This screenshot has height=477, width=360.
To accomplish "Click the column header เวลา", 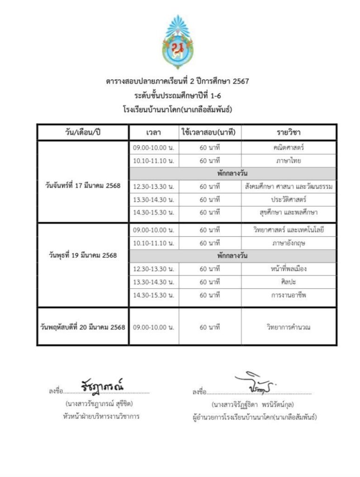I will (x=153, y=133).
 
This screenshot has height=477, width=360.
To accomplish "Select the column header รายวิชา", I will (x=289, y=133).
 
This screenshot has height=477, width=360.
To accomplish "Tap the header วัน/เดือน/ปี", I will (x=83, y=133).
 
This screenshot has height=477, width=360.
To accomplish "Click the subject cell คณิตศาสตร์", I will (x=289, y=148).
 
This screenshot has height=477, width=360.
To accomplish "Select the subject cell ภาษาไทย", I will (x=289, y=161).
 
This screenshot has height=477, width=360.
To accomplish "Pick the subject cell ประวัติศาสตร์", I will (x=289, y=199).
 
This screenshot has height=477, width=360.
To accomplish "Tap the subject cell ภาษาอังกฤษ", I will (x=289, y=243).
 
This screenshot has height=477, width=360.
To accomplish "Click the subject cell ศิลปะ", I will (x=289, y=282).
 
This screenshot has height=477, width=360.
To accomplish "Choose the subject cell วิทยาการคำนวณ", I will (x=289, y=327).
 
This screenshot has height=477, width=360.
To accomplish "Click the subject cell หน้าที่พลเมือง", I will (x=289, y=269).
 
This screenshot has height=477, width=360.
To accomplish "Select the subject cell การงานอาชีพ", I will (x=289, y=295).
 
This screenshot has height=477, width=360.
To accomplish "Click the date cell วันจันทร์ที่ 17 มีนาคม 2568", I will (x=83, y=185).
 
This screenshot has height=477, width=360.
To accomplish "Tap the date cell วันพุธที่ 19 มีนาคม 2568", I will (x=83, y=255).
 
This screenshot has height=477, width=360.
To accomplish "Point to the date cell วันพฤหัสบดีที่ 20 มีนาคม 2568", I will (x=83, y=327).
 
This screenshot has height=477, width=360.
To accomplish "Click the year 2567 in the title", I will (x=239, y=82).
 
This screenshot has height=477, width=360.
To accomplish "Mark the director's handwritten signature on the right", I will (x=254, y=383).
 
